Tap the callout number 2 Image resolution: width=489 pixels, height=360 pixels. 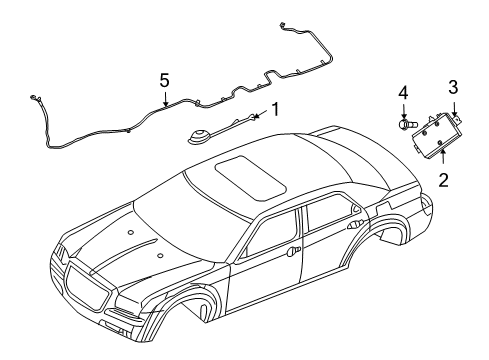point(443,181)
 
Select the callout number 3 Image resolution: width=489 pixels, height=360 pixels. point(452,87)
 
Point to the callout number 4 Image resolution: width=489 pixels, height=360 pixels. point(404,93)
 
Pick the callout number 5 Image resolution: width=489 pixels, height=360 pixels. point(165,79)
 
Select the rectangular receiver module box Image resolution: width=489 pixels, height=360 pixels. point(438,133)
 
